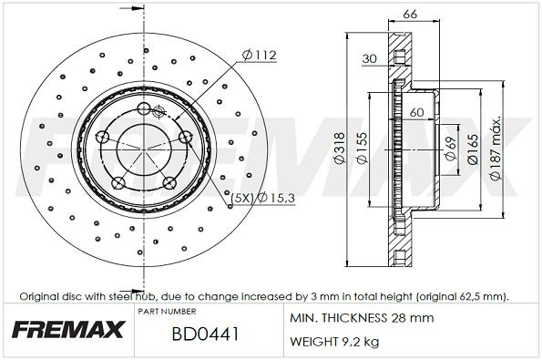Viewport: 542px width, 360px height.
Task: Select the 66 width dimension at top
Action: (x=409, y=15)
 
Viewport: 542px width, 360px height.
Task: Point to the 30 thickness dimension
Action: (x=368, y=59)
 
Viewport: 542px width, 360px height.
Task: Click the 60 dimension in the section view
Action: (x=417, y=112)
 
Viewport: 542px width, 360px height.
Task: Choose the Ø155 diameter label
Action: (x=362, y=150)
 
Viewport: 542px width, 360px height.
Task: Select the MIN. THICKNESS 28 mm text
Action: (x=362, y=318)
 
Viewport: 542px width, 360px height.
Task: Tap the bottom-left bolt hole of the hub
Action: (x=117, y=182)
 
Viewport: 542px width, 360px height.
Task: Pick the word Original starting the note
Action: (x=40, y=296)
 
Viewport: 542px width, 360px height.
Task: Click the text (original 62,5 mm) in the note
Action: (x=462, y=296)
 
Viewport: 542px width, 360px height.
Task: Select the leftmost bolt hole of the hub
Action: (x=103, y=139)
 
